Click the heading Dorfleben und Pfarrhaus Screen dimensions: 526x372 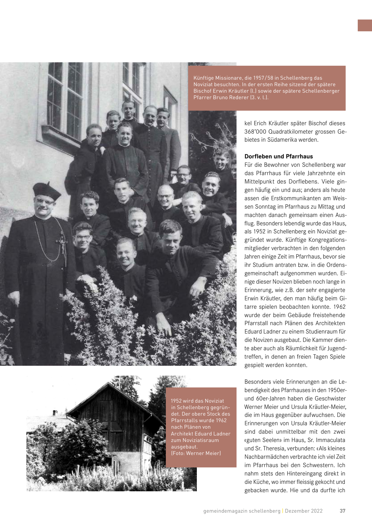pos(278,157)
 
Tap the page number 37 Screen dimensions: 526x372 pos(342,511)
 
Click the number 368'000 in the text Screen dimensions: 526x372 pos(255,132)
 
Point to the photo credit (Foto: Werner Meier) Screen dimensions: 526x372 pos(196,453)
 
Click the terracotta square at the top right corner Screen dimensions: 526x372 pos(365,25)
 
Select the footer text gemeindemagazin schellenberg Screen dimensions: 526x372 pos(242,511)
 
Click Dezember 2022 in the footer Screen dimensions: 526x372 pos(304,511)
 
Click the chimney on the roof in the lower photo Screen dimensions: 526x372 pos(55,413)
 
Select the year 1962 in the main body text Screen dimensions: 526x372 pos(339,307)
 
